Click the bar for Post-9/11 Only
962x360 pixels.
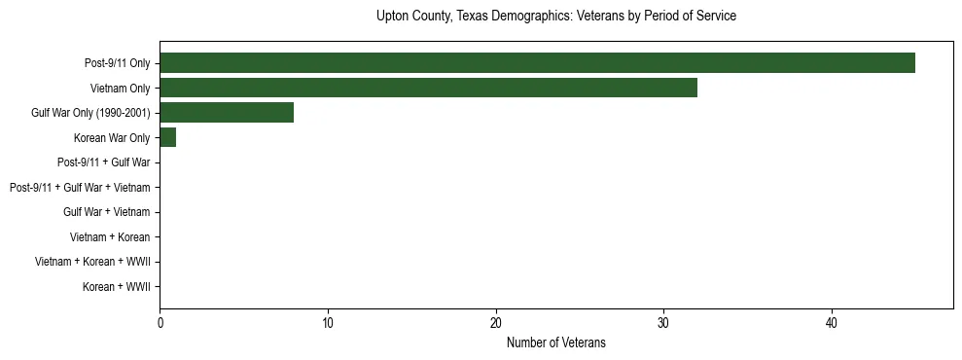pyautogui.click(x=537, y=63)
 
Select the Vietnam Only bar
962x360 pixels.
pyautogui.click(x=428, y=88)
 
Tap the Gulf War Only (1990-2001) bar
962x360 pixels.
pyautogui.click(x=227, y=113)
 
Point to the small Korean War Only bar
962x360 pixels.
pyautogui.click(x=167, y=137)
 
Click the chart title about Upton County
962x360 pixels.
pyautogui.click(x=555, y=17)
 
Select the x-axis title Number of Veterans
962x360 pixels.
pyautogui.click(x=555, y=342)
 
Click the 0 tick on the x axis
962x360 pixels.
pyautogui.click(x=160, y=322)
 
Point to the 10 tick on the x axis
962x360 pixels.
pyautogui.click(x=328, y=322)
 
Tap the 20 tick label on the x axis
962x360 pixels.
pyautogui.click(x=496, y=322)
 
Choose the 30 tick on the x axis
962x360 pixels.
pyautogui.click(x=663, y=322)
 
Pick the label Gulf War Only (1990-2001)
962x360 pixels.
pyautogui.click(x=90, y=113)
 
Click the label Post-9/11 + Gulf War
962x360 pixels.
pyautogui.click(x=103, y=162)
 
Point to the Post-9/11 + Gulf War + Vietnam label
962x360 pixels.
pyautogui.click(x=80, y=188)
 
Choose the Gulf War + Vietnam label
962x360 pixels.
pyautogui.click(x=107, y=212)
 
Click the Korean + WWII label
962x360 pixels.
pyautogui.click(x=116, y=287)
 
